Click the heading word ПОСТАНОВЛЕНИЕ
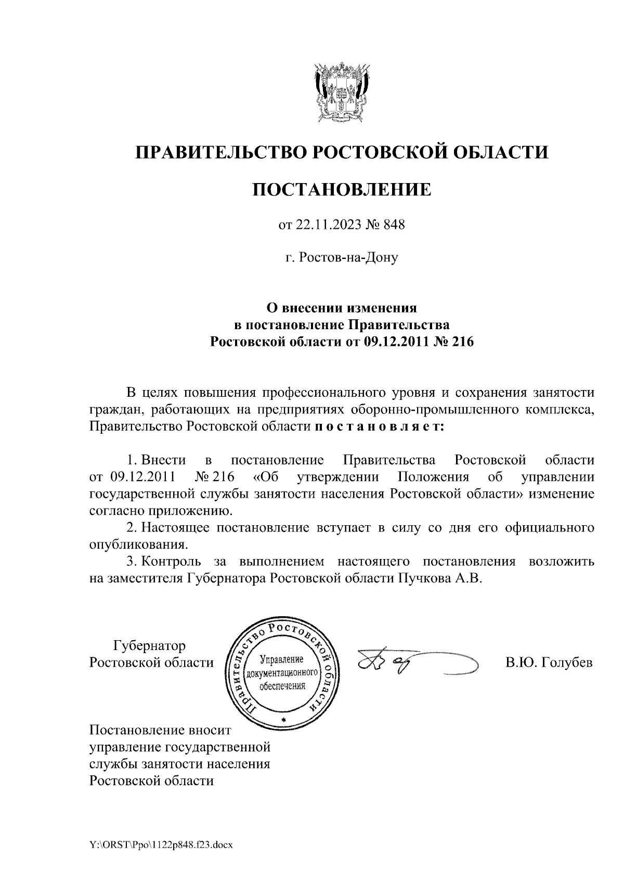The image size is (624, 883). pos(342,189)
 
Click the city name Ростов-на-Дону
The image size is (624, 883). pos(349,257)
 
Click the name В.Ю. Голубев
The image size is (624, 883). pos(549,663)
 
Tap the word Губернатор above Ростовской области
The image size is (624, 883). pos(149,646)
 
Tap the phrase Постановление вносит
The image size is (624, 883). pos(159,731)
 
